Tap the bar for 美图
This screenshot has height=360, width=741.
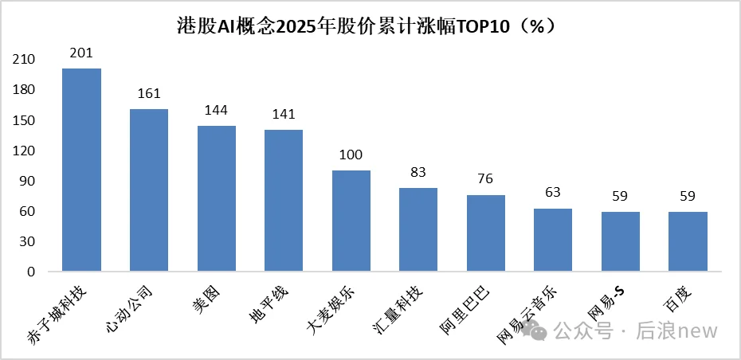click(216, 198)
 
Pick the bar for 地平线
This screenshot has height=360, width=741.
click(284, 200)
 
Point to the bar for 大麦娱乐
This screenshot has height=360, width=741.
click(351, 221)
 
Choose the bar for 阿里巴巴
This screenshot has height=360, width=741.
click(485, 233)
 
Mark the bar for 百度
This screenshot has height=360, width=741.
click(688, 241)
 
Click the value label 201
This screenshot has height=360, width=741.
click(81, 53)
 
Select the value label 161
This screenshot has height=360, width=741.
click(149, 94)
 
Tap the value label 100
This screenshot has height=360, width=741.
click(351, 155)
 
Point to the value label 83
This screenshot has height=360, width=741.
click(418, 173)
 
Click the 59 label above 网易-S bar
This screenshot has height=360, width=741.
click(620, 197)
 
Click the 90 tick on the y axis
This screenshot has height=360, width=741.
click(28, 181)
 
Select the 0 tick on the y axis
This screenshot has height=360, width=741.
click(31, 272)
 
